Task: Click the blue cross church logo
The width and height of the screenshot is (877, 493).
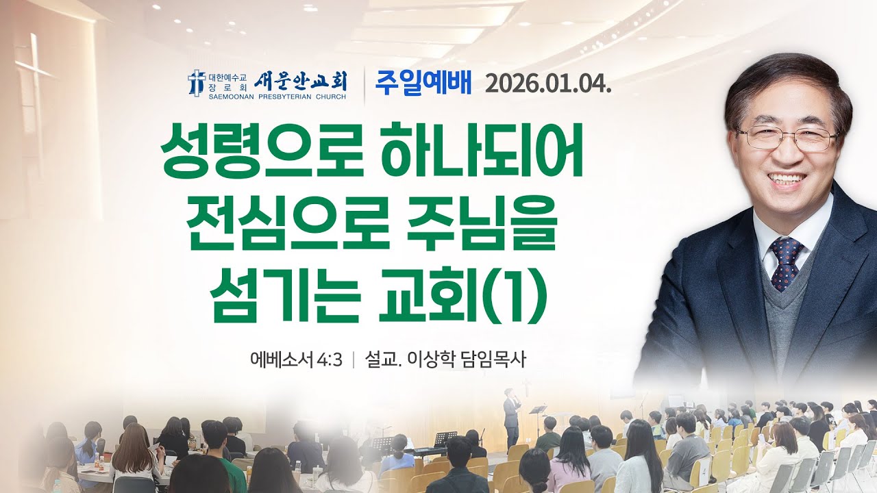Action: [197, 82]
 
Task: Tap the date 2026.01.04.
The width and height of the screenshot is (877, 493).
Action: [547, 83]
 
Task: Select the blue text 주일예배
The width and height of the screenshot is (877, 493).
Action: [423, 82]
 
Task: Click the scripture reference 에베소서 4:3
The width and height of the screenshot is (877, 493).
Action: [296, 360]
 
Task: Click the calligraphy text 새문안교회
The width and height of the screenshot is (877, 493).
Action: [301, 81]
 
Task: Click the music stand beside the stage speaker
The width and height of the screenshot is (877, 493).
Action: [538, 411]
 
